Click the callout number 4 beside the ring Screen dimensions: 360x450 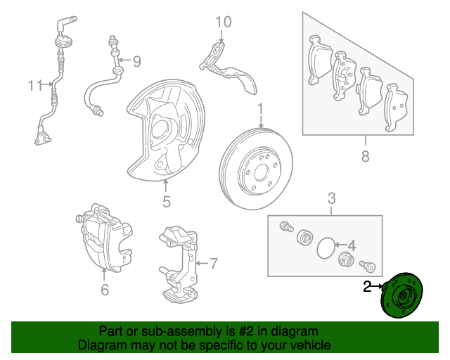pyautogui.click(x=352, y=246)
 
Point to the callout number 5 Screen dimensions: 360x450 pyautogui.click(x=167, y=202)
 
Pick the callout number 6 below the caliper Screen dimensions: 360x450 pyautogui.click(x=105, y=289)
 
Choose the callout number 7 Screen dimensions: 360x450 pyautogui.click(x=213, y=264)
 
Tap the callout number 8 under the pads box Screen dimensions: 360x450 pyautogui.click(x=365, y=156)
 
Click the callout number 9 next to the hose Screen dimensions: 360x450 pyautogui.click(x=136, y=62)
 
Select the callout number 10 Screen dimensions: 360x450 pyautogui.click(x=222, y=22)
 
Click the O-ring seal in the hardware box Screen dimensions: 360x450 pyautogui.click(x=326, y=247)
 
